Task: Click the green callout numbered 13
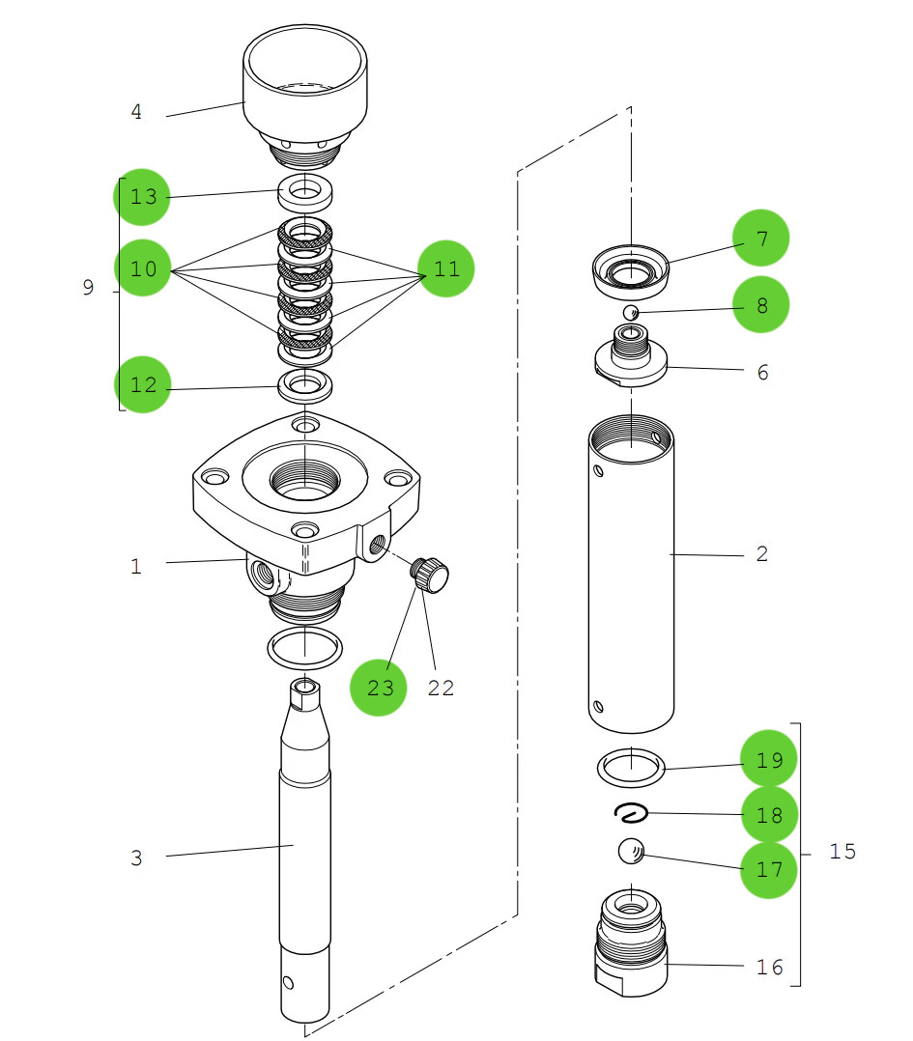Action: click(x=142, y=197)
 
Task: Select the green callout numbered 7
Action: click(x=760, y=238)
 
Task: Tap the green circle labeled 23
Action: click(x=379, y=688)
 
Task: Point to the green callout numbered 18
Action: click(x=769, y=815)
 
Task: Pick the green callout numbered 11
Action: click(x=445, y=268)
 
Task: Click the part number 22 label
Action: click(x=441, y=689)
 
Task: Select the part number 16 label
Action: click(x=769, y=968)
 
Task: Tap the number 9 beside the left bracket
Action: click(x=88, y=288)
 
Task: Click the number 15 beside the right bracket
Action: click(x=842, y=852)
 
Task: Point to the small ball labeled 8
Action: click(x=630, y=312)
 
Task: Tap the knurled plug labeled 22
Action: click(x=430, y=577)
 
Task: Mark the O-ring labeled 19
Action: click(x=630, y=768)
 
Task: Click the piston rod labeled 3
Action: click(x=304, y=850)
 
